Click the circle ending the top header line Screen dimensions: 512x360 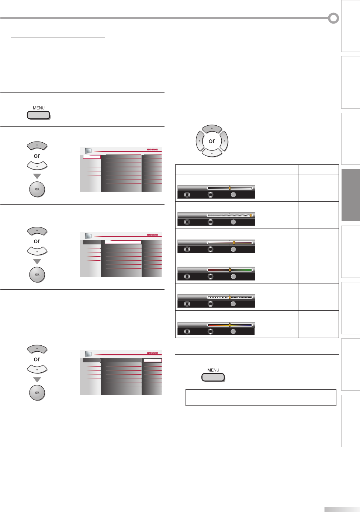333,18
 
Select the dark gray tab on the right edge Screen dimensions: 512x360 350,195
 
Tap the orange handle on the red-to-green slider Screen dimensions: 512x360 229,270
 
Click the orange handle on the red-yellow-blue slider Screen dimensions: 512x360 229,325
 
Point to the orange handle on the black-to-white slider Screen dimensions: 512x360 229,188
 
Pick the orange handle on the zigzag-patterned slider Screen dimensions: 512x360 251,215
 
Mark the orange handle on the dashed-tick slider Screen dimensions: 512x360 229,297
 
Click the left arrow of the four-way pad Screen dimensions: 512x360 200,141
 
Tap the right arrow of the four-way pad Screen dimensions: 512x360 224,141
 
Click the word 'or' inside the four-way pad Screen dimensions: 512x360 212,141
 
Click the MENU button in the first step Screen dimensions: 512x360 38,115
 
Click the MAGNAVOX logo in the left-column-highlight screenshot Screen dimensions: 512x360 152,150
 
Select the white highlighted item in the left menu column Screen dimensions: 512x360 91,157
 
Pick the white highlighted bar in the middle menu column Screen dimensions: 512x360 123,242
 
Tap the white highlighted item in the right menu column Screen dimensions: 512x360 153,361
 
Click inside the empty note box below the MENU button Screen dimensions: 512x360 261,397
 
